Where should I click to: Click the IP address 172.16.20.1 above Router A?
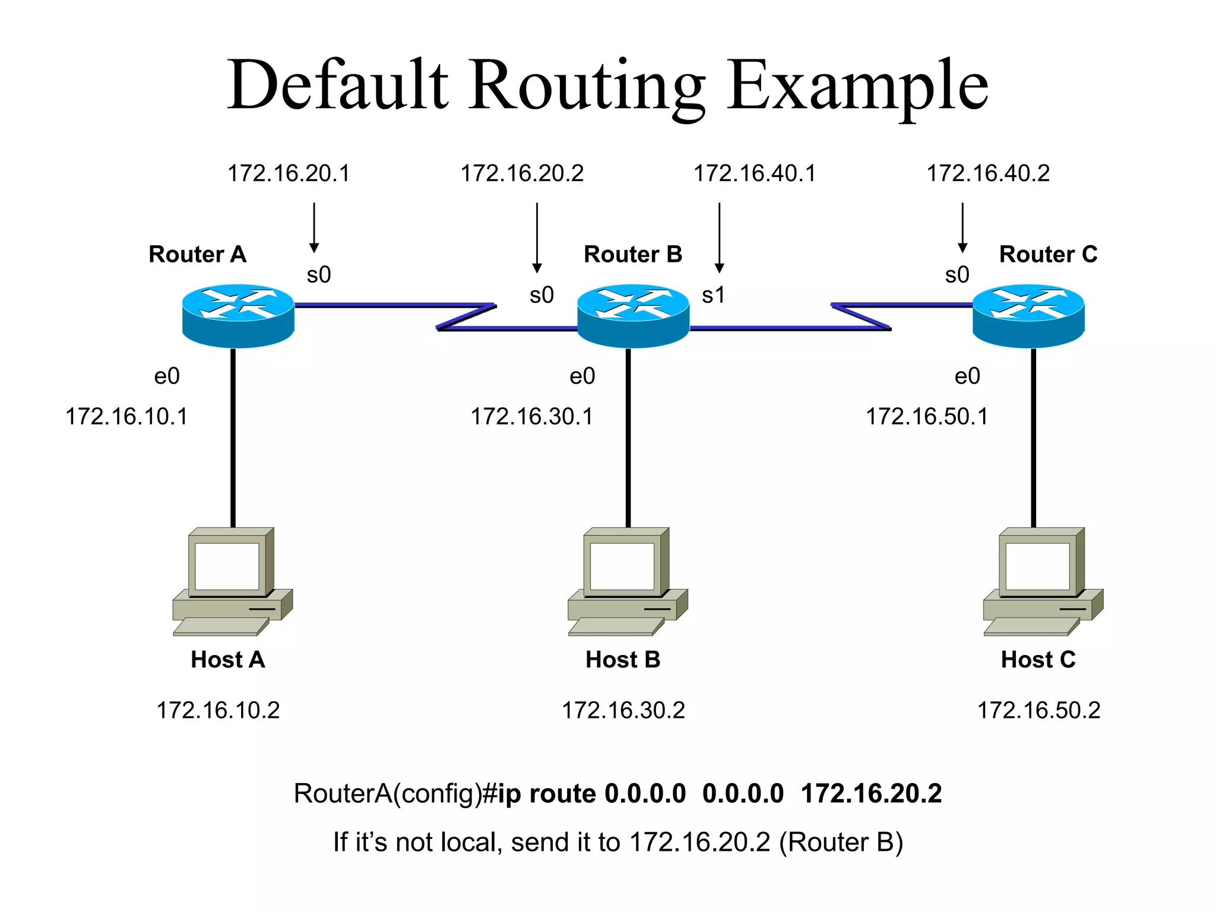(x=289, y=173)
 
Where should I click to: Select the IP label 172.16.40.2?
(x=988, y=173)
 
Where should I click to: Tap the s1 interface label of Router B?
(x=713, y=295)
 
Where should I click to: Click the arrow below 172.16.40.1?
(x=719, y=237)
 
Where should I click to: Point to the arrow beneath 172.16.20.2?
(x=537, y=237)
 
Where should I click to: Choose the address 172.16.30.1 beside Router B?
(x=531, y=416)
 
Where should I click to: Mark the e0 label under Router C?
(x=967, y=376)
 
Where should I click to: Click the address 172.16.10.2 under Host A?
(x=218, y=710)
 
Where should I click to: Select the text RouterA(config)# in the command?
(x=395, y=794)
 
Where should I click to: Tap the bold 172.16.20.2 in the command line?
(x=871, y=794)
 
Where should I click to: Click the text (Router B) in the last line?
(x=841, y=842)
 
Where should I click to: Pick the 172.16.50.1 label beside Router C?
(x=927, y=416)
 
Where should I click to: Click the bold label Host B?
(x=623, y=660)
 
